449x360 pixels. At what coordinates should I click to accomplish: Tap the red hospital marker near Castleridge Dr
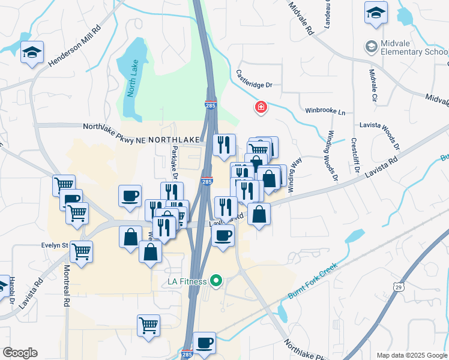[261, 108]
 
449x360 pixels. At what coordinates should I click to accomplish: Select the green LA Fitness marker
[217, 281]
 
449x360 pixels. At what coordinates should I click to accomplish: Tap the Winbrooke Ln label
[325, 112]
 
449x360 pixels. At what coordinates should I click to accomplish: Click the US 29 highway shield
[398, 288]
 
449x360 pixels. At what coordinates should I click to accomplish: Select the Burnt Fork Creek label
[312, 278]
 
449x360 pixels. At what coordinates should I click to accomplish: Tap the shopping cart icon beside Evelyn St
[81, 251]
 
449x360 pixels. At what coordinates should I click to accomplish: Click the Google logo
[20, 353]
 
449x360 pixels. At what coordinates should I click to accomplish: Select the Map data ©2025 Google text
[411, 355]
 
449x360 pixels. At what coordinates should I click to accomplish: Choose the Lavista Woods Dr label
[396, 137]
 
